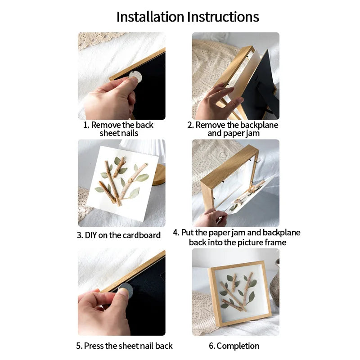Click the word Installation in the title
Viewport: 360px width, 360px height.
click(x=150, y=17)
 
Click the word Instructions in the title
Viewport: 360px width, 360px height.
click(x=223, y=17)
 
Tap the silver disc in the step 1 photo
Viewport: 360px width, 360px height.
click(x=135, y=76)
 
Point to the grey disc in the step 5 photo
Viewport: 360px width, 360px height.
click(x=126, y=290)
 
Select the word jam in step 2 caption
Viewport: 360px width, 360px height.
click(x=252, y=134)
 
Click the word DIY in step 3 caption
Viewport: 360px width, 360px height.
click(x=90, y=235)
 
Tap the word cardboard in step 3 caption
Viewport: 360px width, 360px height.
click(x=142, y=235)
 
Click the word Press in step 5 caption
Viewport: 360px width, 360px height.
click(x=94, y=346)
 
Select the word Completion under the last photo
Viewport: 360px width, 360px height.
click(x=238, y=346)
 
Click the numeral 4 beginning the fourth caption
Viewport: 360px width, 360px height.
click(x=175, y=232)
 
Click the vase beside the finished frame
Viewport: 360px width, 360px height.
click(x=275, y=283)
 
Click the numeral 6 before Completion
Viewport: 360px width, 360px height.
click(x=211, y=346)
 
